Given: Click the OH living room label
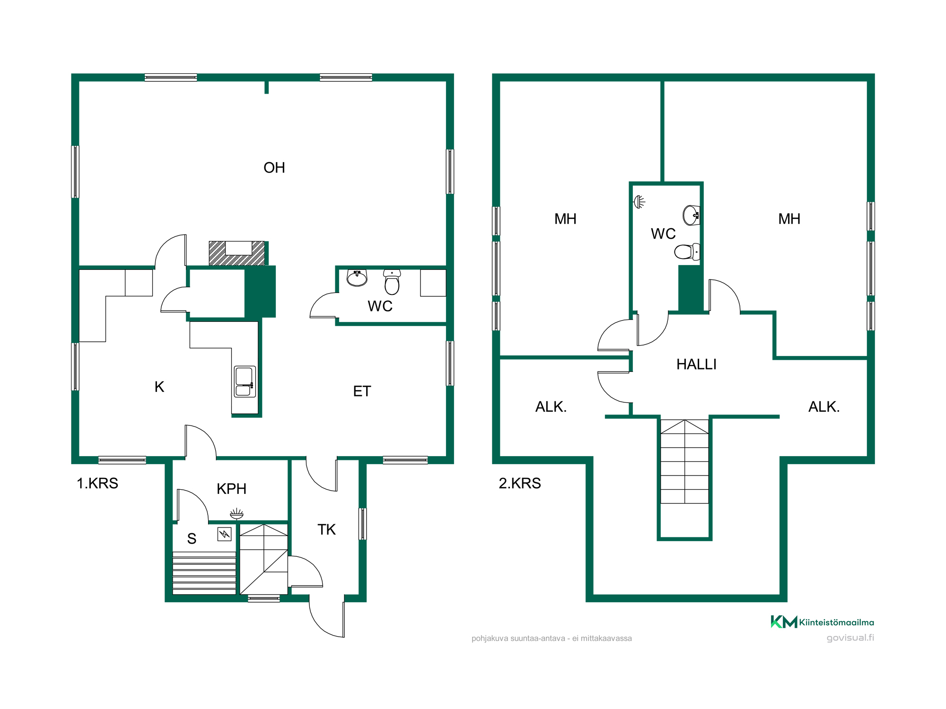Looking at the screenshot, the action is click(274, 168).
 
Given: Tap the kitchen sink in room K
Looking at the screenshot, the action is click(245, 381).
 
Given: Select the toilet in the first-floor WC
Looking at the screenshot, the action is click(392, 282).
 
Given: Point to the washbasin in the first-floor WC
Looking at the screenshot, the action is click(357, 278).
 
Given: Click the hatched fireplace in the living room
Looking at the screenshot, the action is click(237, 253).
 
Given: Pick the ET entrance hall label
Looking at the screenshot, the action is click(362, 391).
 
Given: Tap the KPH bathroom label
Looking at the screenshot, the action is click(232, 489).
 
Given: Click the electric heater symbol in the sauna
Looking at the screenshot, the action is click(224, 534).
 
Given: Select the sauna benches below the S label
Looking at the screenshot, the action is click(204, 573).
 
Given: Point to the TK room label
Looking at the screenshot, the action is click(326, 529).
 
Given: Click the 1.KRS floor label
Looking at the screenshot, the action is click(97, 483).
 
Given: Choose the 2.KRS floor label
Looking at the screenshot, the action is click(520, 483).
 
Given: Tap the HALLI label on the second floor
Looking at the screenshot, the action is click(696, 364).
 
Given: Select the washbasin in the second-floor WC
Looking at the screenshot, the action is click(691, 216).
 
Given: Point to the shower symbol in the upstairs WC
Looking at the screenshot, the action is click(639, 202).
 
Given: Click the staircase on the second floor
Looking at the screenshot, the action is click(684, 461).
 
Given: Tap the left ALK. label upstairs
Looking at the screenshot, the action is click(551, 407).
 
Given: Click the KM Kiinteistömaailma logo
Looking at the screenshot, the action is click(822, 622).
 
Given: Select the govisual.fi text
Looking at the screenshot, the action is click(850, 638).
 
